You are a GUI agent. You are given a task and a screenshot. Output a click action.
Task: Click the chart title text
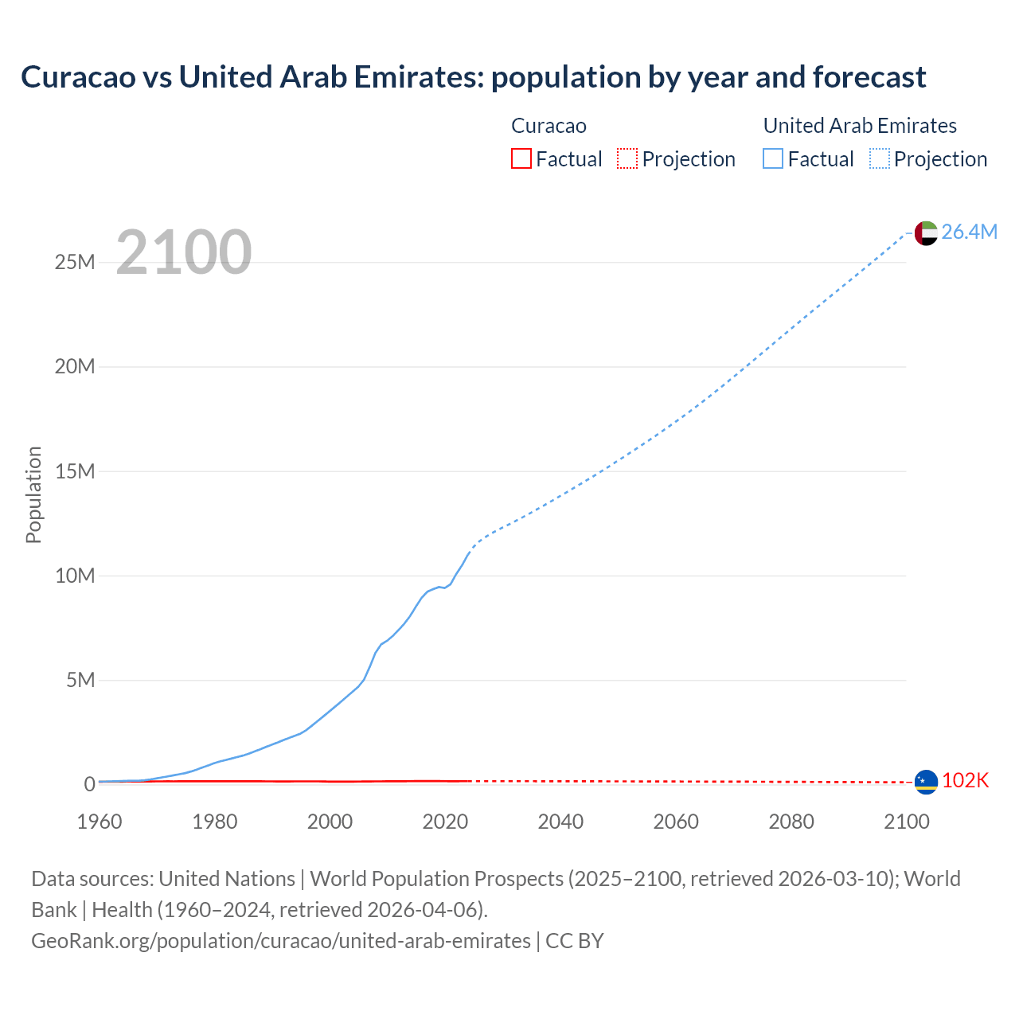tap(473, 77)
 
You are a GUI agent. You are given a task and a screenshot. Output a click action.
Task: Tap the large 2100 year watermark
tap(184, 252)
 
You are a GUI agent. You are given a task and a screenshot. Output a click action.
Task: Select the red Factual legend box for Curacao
tap(521, 158)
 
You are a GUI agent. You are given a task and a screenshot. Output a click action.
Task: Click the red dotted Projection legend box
tap(627, 158)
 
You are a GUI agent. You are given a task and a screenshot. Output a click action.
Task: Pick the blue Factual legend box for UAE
tap(772, 158)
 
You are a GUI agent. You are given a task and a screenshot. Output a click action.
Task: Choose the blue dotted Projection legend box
tap(880, 158)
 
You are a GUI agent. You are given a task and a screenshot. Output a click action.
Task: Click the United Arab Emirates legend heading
tap(860, 126)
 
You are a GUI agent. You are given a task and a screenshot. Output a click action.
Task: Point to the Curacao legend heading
tap(549, 126)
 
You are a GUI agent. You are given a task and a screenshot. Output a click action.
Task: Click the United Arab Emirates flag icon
tap(926, 232)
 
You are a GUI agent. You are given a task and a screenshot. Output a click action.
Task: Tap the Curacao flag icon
tap(926, 782)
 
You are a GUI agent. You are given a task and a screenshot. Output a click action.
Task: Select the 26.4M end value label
tap(969, 232)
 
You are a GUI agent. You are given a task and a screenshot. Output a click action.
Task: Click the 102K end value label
tap(965, 781)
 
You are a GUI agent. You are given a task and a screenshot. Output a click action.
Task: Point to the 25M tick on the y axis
tap(75, 263)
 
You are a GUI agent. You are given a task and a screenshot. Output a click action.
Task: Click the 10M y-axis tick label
tap(75, 576)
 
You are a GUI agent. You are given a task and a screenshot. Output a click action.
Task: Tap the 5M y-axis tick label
tap(80, 681)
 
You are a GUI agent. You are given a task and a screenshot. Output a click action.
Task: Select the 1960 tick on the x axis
tap(100, 822)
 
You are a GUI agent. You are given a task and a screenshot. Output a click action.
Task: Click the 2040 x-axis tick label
tap(560, 822)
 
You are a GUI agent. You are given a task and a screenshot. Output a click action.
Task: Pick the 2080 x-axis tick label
tap(791, 822)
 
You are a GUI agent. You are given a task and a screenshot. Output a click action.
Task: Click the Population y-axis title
tap(33, 494)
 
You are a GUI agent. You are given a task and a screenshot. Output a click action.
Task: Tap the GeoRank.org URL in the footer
tap(281, 941)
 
